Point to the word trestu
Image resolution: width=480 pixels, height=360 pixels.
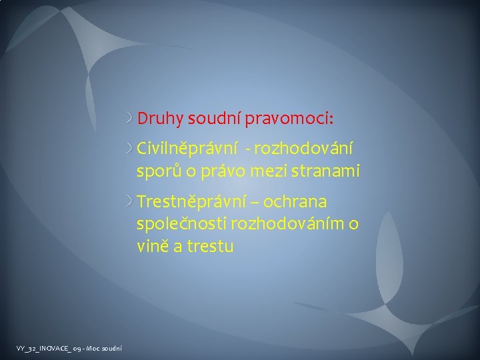[209, 246]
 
